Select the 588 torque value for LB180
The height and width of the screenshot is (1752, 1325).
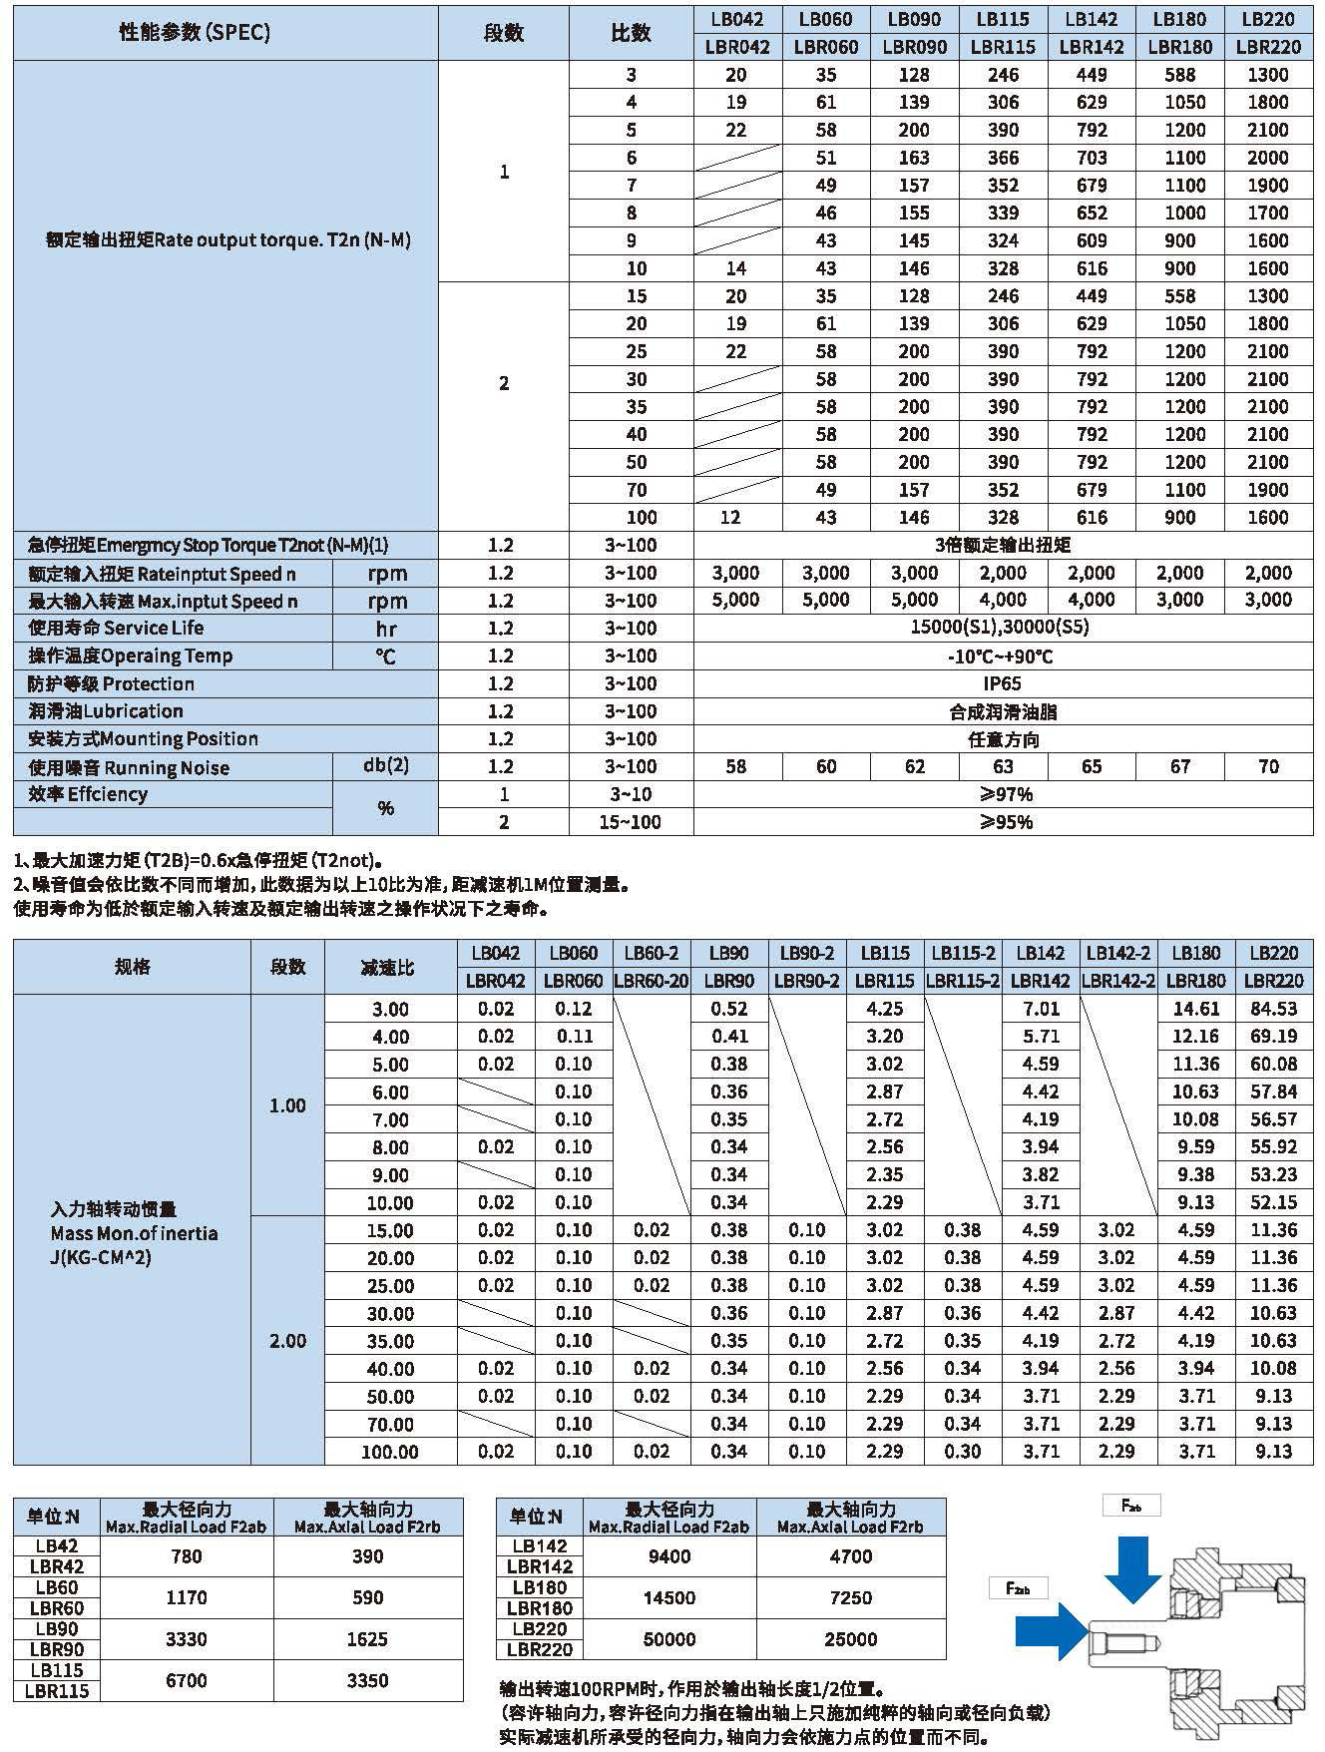[x=1180, y=75]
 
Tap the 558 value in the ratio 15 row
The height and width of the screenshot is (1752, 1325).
[x=1180, y=296]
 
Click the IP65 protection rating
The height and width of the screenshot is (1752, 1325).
[x=1003, y=683]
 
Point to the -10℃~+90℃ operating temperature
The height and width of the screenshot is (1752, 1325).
[x=1003, y=657]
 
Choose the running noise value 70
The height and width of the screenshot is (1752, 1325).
[x=1268, y=766]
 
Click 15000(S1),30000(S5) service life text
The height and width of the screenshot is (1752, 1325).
[x=1003, y=628]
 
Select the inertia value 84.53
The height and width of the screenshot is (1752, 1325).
[x=1274, y=1009]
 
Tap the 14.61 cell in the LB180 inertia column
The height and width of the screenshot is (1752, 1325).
[x=1196, y=1009]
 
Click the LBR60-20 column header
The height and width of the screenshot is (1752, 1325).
[x=651, y=981]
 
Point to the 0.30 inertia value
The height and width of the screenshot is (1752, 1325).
[x=963, y=1452]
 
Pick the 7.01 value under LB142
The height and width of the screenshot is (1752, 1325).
[x=1041, y=1009]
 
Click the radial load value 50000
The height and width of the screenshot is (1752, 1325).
[x=668, y=1639]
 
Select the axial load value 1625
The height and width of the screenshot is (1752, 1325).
[x=367, y=1639]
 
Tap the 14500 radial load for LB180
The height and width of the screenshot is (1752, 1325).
[x=668, y=1597]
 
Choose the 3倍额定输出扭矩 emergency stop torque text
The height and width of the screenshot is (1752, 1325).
[x=1003, y=545]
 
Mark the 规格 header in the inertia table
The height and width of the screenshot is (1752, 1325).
[x=132, y=967]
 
